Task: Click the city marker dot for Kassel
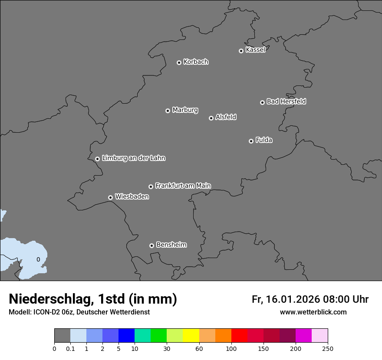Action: (241, 51)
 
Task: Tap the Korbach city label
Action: (196, 62)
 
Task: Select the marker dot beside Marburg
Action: (168, 111)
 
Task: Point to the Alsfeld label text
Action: (226, 117)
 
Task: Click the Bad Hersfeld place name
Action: (286, 101)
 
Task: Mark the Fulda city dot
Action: (251, 141)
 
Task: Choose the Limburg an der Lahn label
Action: (133, 158)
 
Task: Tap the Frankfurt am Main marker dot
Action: (151, 187)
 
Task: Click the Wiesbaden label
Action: (132, 196)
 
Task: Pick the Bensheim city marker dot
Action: (151, 245)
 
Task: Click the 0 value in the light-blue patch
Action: (38, 259)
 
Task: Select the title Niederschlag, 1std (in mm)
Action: (93, 299)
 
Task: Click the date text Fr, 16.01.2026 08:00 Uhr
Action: (310, 299)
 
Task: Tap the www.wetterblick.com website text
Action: (313, 312)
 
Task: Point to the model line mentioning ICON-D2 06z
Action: (79, 312)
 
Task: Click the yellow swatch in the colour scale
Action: (191, 336)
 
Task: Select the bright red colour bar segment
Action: (239, 336)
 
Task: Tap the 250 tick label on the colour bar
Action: (328, 348)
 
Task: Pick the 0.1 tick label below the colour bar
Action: (70, 348)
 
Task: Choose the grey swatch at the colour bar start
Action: (62, 336)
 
